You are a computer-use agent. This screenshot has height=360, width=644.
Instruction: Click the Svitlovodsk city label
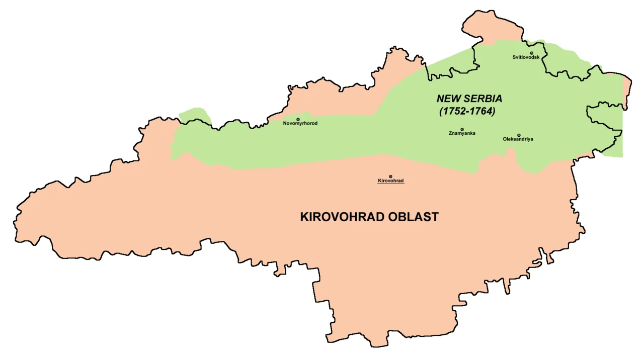tap(526, 57)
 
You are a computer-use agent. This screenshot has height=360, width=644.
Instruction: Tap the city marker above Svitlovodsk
tap(531, 53)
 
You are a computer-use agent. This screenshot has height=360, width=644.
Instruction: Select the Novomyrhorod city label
tap(300, 123)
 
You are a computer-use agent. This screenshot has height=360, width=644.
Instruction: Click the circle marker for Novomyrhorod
tap(298, 119)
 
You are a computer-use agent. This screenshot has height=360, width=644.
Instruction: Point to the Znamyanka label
tap(462, 133)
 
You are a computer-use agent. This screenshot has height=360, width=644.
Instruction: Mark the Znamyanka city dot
tap(462, 129)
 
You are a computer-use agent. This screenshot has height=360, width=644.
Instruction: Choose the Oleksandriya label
tap(518, 139)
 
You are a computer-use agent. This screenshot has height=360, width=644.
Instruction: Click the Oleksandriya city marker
tap(519, 135)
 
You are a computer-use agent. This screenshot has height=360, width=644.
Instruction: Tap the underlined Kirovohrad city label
tap(391, 181)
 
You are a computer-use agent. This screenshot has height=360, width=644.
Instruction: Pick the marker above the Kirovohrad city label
tap(390, 176)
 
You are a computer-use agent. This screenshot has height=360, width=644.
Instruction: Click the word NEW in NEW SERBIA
tap(447, 99)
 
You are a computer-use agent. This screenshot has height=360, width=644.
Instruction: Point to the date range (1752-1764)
tap(467, 111)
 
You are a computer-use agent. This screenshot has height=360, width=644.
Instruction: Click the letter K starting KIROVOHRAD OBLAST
tap(304, 217)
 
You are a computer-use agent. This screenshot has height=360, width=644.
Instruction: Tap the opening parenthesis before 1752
tap(441, 111)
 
